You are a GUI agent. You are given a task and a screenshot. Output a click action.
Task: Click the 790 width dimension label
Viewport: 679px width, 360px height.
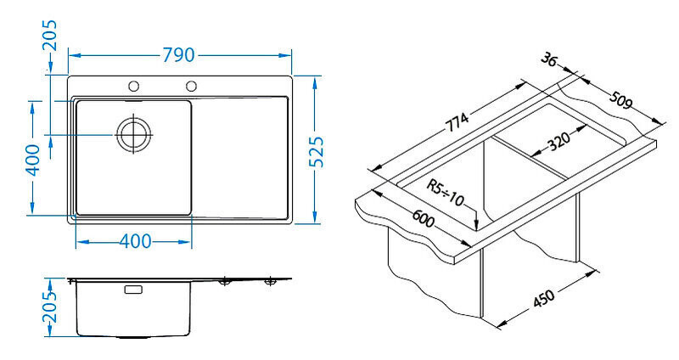click(x=178, y=55)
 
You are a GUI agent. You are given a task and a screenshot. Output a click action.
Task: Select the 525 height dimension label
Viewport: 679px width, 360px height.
click(x=317, y=152)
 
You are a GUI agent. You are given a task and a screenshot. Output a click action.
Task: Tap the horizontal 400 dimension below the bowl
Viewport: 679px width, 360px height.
click(x=135, y=241)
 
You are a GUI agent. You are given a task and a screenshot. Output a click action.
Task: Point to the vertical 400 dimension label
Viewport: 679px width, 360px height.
click(x=33, y=160)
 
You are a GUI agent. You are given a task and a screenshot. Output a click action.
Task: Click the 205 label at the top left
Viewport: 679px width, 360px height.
click(x=49, y=36)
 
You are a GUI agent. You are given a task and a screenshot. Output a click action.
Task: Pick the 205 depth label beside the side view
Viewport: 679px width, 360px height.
click(x=49, y=307)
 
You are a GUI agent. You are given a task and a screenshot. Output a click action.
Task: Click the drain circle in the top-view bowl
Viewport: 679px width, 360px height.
click(x=133, y=134)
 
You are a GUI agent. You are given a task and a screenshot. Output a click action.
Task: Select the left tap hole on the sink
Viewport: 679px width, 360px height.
click(x=134, y=87)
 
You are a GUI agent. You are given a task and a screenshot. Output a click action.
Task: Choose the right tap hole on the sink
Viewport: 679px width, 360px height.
click(x=191, y=86)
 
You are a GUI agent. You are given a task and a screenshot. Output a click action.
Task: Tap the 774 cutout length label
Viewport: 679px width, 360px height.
click(x=457, y=122)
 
